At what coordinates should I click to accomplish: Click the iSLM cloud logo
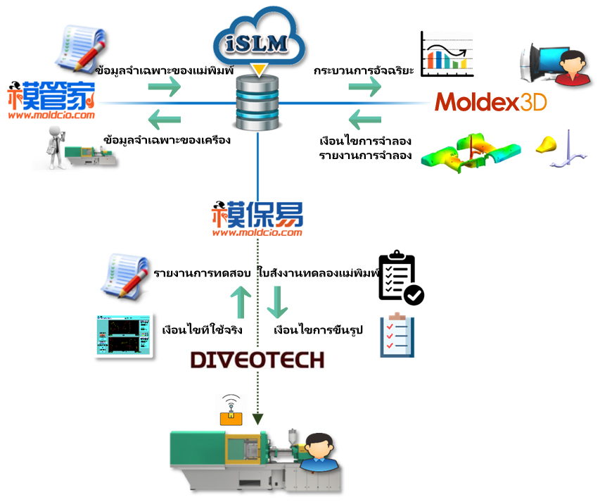259,38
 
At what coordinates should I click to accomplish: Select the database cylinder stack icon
257,103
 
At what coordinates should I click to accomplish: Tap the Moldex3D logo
490,102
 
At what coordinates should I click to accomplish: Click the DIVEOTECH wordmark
257,360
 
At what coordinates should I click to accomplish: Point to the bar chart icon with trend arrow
447,54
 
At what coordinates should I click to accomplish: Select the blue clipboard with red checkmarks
397,335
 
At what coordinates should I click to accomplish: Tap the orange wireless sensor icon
231,410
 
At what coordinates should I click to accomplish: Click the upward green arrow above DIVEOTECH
241,302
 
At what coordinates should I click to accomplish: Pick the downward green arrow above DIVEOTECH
277,302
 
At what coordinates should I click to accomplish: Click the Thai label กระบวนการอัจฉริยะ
364,70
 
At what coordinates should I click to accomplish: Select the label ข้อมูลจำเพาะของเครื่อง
167,139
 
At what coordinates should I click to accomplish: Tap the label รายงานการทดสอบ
202,273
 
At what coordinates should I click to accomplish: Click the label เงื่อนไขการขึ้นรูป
318,329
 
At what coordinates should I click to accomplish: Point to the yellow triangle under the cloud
259,70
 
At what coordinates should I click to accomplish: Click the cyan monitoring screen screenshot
124,336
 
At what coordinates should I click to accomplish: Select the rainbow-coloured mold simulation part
471,153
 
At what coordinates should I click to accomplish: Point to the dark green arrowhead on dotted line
258,420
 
